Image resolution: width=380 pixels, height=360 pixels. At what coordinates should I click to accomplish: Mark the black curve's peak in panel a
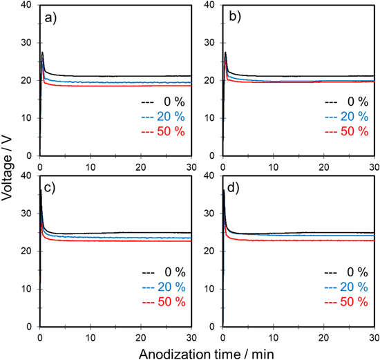click(42, 52)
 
